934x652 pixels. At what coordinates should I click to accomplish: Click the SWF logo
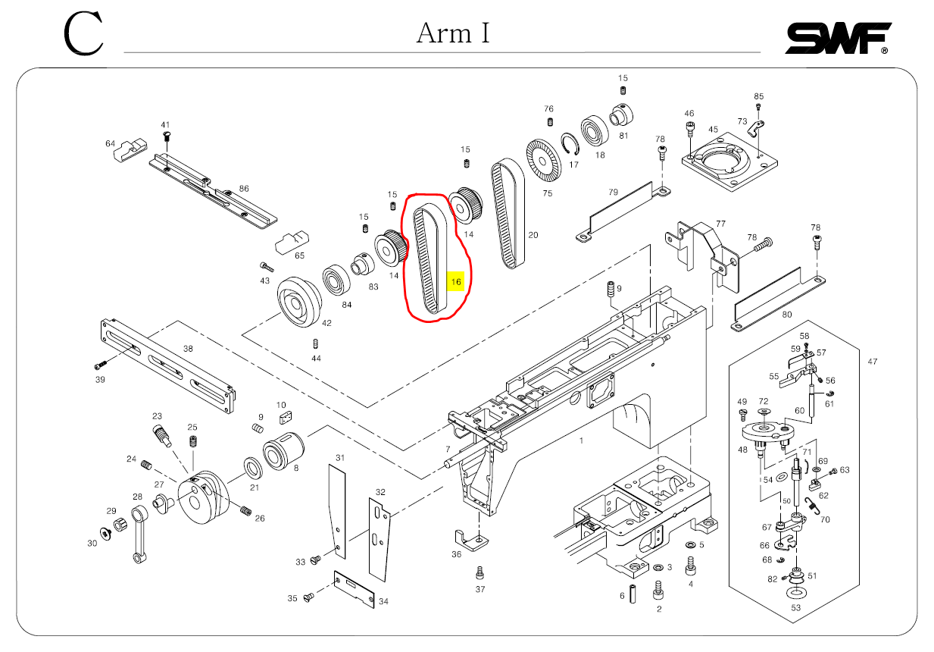(x=837, y=38)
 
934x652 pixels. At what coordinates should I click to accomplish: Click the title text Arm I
(x=453, y=33)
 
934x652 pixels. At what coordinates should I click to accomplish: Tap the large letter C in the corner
(x=83, y=35)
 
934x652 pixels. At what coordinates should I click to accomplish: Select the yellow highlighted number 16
(x=456, y=282)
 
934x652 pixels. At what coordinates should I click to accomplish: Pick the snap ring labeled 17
(x=570, y=146)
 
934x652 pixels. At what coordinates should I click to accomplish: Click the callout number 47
(x=872, y=362)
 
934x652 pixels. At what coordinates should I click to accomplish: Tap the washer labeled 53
(x=795, y=591)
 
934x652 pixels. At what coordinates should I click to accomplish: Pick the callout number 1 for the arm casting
(x=582, y=440)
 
